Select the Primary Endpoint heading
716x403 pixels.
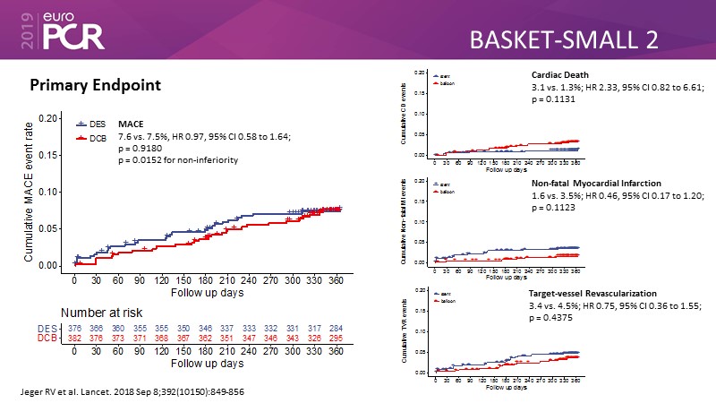pyautogui.click(x=95, y=85)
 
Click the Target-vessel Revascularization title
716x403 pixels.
pyautogui.click(x=592, y=293)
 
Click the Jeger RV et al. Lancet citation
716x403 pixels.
pyautogui.click(x=132, y=392)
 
